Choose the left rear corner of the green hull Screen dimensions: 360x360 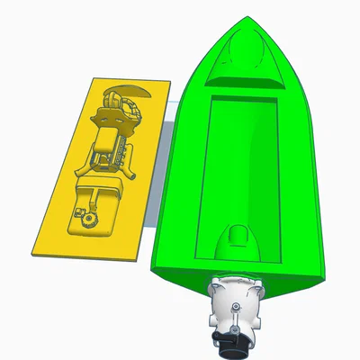click(x=158, y=265)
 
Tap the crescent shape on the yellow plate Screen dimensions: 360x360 click(x=125, y=90)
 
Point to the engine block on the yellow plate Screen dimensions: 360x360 click(x=111, y=148)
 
